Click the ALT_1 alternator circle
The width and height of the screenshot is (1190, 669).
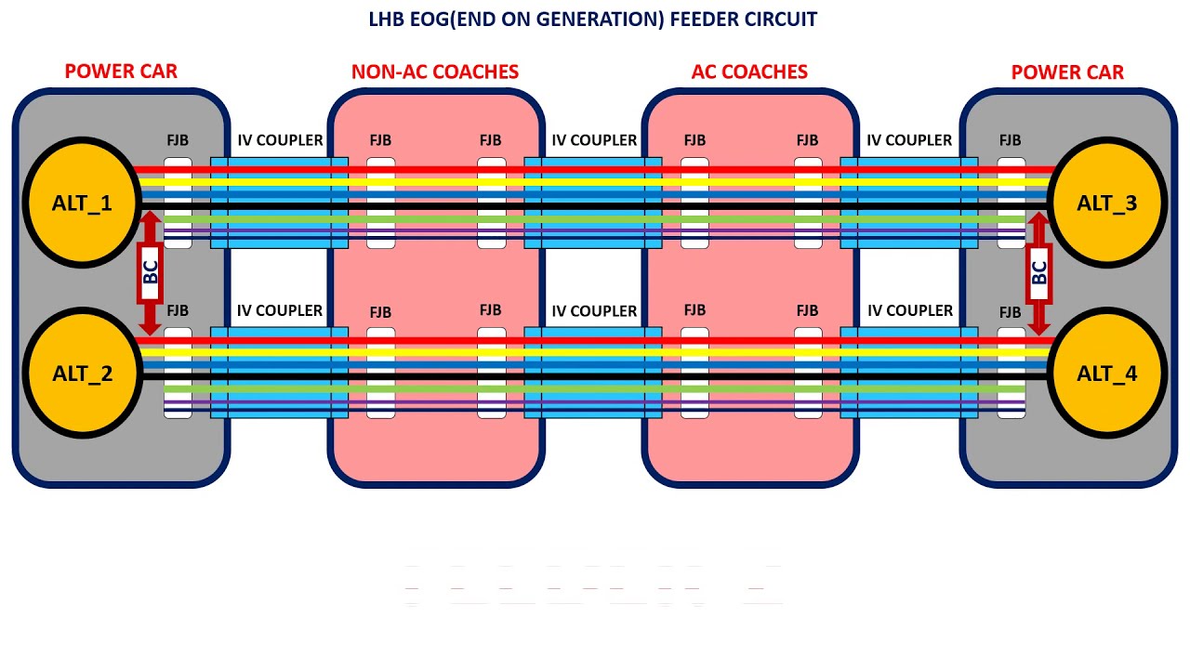(x=81, y=203)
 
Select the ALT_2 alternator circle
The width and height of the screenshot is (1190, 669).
(x=81, y=374)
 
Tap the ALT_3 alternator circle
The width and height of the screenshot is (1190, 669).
(x=1107, y=203)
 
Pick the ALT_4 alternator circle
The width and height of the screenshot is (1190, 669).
(x=1107, y=374)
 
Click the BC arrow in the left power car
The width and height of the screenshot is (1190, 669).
(x=150, y=271)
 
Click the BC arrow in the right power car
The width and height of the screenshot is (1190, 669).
(x=1039, y=271)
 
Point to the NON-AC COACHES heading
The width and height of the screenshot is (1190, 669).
(x=435, y=72)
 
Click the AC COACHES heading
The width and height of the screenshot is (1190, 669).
(x=749, y=72)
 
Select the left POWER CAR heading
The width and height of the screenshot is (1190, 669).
(x=121, y=72)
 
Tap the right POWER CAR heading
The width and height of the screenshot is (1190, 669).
(x=1067, y=72)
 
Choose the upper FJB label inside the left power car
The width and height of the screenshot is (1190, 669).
(x=178, y=140)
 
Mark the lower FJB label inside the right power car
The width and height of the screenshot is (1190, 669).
(x=1011, y=311)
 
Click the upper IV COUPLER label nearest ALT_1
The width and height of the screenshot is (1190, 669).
(x=280, y=140)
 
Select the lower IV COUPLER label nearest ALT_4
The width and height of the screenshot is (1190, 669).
(x=910, y=310)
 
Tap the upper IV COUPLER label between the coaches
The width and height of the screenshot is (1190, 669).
(x=594, y=140)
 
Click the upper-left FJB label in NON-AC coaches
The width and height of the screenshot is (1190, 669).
(x=380, y=140)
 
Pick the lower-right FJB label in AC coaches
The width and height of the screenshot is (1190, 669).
(x=807, y=310)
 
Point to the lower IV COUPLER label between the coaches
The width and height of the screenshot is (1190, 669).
(x=594, y=310)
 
